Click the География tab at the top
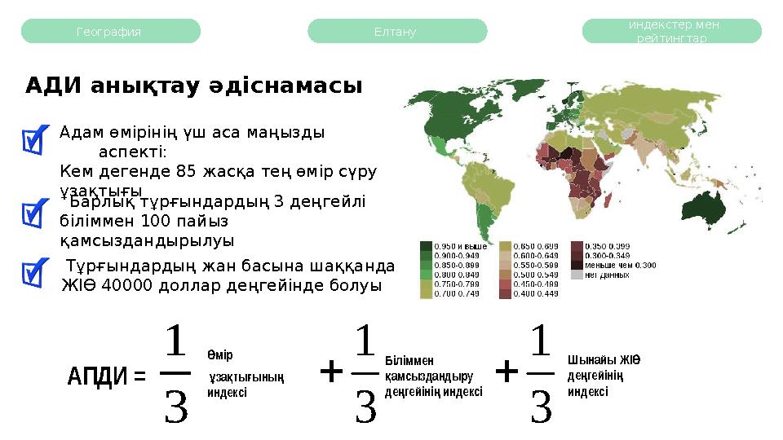(109, 32)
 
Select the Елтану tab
(396, 32)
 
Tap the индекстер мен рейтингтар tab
(672, 32)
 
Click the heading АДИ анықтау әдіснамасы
(193, 86)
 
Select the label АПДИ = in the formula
(106, 376)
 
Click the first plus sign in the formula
(330, 373)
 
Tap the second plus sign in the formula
(507, 373)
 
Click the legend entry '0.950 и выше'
(460, 245)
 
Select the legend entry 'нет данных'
(608, 275)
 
